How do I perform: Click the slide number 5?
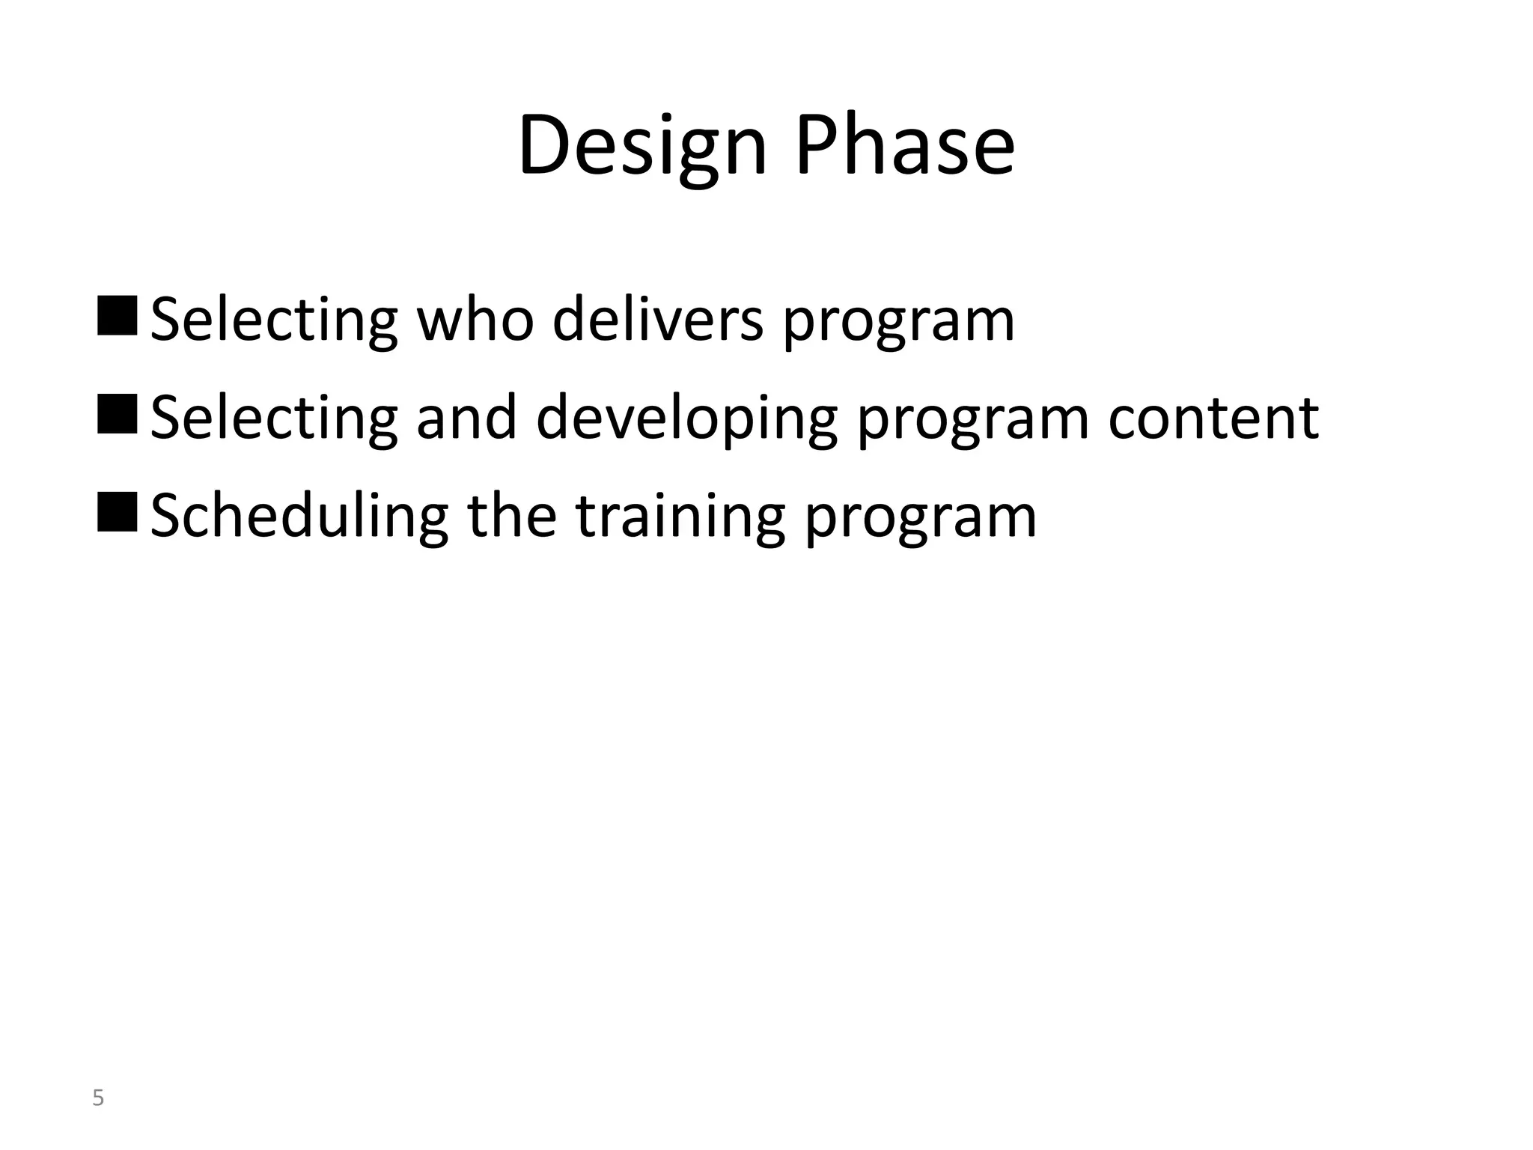97,1098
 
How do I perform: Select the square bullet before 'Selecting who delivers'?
117,315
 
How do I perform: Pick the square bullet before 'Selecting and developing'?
117,413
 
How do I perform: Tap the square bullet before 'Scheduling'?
117,512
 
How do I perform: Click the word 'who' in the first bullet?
475,320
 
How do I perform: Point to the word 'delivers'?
658,320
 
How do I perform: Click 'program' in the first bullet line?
898,323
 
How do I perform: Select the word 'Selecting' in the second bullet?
273,419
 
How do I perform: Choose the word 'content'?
1213,418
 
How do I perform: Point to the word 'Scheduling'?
299,517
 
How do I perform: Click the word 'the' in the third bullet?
512,517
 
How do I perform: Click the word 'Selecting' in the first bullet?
273,320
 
